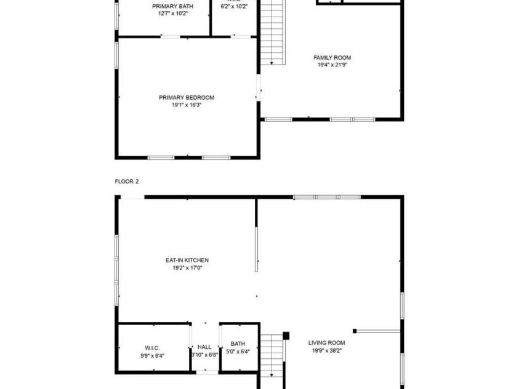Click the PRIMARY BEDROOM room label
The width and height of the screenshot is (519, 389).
click(187, 97)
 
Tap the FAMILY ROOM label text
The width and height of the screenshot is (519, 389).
click(332, 58)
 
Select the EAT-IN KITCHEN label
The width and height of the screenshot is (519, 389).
click(187, 260)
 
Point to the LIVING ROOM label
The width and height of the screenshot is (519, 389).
click(326, 343)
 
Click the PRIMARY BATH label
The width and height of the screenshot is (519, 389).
click(172, 6)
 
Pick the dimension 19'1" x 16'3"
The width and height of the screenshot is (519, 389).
click(187, 105)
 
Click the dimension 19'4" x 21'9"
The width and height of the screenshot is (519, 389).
click(332, 65)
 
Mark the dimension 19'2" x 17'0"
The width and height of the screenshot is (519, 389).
click(187, 268)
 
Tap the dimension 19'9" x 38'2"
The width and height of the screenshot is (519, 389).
click(326, 351)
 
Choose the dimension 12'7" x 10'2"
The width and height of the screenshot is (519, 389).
click(172, 13)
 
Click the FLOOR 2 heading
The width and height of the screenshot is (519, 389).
click(127, 182)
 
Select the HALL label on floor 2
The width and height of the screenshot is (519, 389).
click(204, 347)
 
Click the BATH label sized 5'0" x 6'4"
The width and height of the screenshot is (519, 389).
click(238, 344)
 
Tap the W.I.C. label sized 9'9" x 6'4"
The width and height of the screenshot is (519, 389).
click(153, 348)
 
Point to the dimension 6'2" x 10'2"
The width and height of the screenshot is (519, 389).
click(234, 7)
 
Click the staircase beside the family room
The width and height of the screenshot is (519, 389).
click(273, 34)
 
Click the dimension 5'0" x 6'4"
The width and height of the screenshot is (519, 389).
click(238, 351)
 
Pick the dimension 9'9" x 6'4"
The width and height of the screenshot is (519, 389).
click(153, 355)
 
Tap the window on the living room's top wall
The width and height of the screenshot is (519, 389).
click(326, 197)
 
